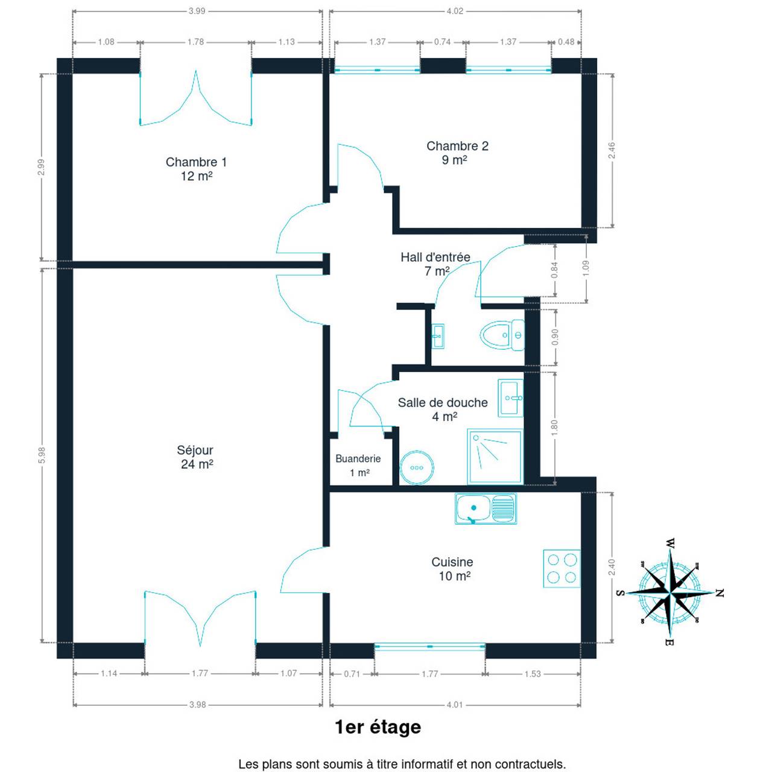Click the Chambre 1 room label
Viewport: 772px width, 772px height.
tap(196, 169)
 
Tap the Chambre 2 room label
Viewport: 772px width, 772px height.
tap(457, 153)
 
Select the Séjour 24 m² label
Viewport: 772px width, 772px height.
tap(196, 457)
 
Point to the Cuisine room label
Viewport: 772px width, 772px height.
tap(452, 569)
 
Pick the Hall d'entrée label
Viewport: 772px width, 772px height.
tap(435, 264)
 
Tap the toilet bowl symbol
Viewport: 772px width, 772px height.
tap(502, 335)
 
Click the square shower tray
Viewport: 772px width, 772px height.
tap(495, 457)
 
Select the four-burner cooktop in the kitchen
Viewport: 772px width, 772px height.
tap(562, 569)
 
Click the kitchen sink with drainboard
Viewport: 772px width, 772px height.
tap(486, 509)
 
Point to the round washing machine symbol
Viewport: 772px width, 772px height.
tap(417, 467)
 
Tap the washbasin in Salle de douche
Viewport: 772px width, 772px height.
tap(511, 398)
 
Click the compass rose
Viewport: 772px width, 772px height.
tap(670, 592)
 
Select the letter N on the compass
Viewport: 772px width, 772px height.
tap(720, 593)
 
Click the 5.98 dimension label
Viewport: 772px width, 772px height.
tap(42, 455)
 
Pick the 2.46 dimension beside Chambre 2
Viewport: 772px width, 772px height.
tap(612, 151)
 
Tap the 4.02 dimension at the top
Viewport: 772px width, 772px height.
tap(455, 11)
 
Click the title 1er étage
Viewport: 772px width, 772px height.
tap(378, 727)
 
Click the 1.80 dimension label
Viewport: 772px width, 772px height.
tap(554, 428)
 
